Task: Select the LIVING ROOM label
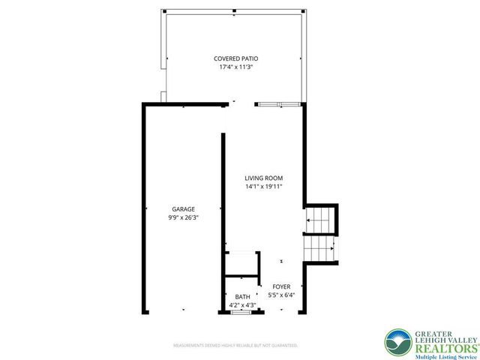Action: pyautogui.click(x=263, y=178)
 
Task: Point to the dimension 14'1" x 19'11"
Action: pyautogui.click(x=263, y=187)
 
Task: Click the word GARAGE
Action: pyautogui.click(x=183, y=209)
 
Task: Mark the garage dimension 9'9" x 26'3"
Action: pyautogui.click(x=183, y=217)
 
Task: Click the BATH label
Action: pyautogui.click(x=242, y=297)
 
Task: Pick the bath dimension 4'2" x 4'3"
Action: pyautogui.click(x=242, y=305)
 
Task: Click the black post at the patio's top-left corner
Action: pyautogui.click(x=164, y=12)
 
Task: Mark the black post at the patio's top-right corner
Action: pyautogui.click(x=303, y=12)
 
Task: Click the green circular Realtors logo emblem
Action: pyautogui.click(x=397, y=342)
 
